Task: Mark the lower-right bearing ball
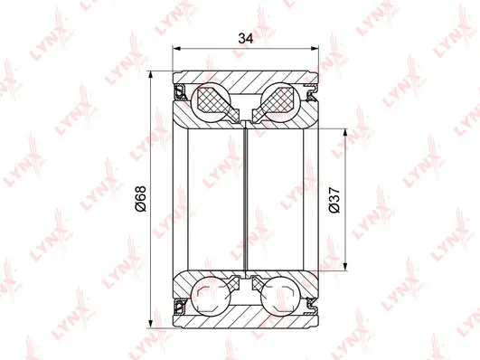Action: coord(280,298)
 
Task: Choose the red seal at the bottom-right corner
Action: coord(313,308)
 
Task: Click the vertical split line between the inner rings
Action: coord(246,199)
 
